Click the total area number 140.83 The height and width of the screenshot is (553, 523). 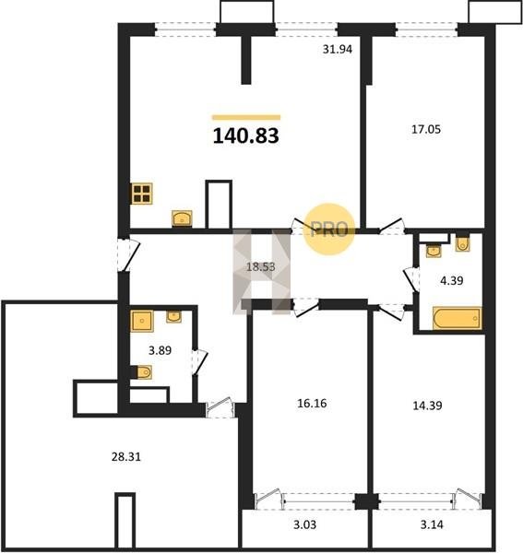pyautogui.click(x=245, y=135)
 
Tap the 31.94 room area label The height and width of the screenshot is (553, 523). pyautogui.click(x=337, y=50)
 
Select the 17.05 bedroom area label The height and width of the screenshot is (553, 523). pyautogui.click(x=426, y=129)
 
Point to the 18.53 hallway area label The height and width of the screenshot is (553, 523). pyautogui.click(x=260, y=267)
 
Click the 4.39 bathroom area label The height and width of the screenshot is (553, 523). pyautogui.click(x=452, y=281)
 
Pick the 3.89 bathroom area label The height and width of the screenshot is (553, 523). pyautogui.click(x=160, y=350)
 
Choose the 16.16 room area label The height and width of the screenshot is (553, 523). pyautogui.click(x=312, y=403)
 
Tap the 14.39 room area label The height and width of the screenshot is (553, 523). pyautogui.click(x=427, y=406)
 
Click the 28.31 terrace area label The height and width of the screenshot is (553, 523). pyautogui.click(x=126, y=457)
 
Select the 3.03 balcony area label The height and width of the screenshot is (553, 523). pyautogui.click(x=305, y=525)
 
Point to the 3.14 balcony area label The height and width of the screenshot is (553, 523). pyautogui.click(x=432, y=524)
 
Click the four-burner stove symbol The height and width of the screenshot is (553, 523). pyautogui.click(x=141, y=194)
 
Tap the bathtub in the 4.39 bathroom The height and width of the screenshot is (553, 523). pyautogui.click(x=457, y=318)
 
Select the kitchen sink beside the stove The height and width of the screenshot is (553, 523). pyautogui.click(x=182, y=218)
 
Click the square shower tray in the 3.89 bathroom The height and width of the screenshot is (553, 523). pyautogui.click(x=142, y=321)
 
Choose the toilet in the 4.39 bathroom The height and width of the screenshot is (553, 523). pyautogui.click(x=462, y=243)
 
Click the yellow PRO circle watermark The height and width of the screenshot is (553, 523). pyautogui.click(x=329, y=229)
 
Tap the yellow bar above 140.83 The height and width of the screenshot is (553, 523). pyautogui.click(x=246, y=117)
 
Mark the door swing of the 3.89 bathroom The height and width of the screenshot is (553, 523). pyautogui.click(x=200, y=362)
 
